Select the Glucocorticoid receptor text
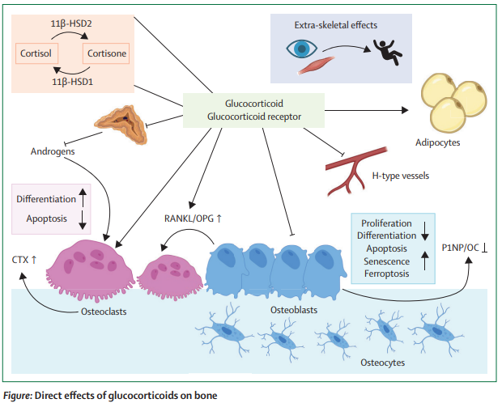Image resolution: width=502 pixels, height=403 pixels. pos(253,117)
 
